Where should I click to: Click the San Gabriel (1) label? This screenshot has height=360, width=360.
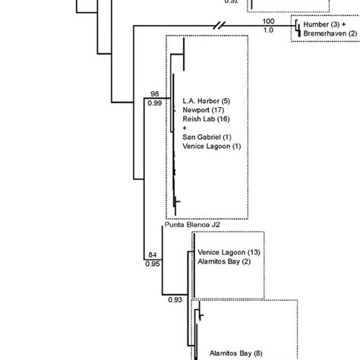208,137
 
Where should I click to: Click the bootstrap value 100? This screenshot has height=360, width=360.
268,22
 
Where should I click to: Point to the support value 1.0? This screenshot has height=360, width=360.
268,30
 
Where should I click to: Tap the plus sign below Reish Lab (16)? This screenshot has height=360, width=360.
185,128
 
